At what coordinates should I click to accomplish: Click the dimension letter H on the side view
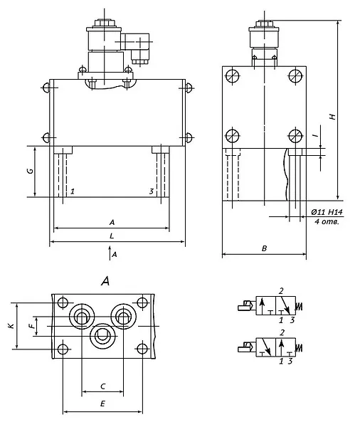(x=332, y=116)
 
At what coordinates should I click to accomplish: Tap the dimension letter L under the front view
(x=112, y=236)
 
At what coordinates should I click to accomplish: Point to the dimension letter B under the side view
(x=264, y=248)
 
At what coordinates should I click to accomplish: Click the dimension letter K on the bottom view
(x=11, y=325)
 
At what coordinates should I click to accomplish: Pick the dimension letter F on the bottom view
(x=33, y=325)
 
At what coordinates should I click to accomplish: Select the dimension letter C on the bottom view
(x=102, y=386)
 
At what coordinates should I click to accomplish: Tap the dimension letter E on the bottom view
(x=102, y=404)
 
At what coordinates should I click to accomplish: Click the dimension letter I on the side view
(x=316, y=135)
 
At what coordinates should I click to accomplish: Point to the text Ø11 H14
(x=327, y=212)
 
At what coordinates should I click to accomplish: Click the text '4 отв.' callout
(x=327, y=221)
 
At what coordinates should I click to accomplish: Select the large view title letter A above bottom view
(x=106, y=281)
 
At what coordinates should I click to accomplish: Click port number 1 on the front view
(x=72, y=191)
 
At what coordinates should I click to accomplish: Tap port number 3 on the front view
(x=152, y=191)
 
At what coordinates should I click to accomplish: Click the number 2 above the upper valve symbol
(x=281, y=291)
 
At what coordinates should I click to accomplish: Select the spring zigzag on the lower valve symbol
(x=300, y=348)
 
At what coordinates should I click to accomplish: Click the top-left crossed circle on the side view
(x=233, y=76)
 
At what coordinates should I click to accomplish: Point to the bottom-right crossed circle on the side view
(x=295, y=135)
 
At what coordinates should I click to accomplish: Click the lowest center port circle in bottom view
(x=103, y=336)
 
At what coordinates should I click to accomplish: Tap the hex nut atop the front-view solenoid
(x=103, y=23)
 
